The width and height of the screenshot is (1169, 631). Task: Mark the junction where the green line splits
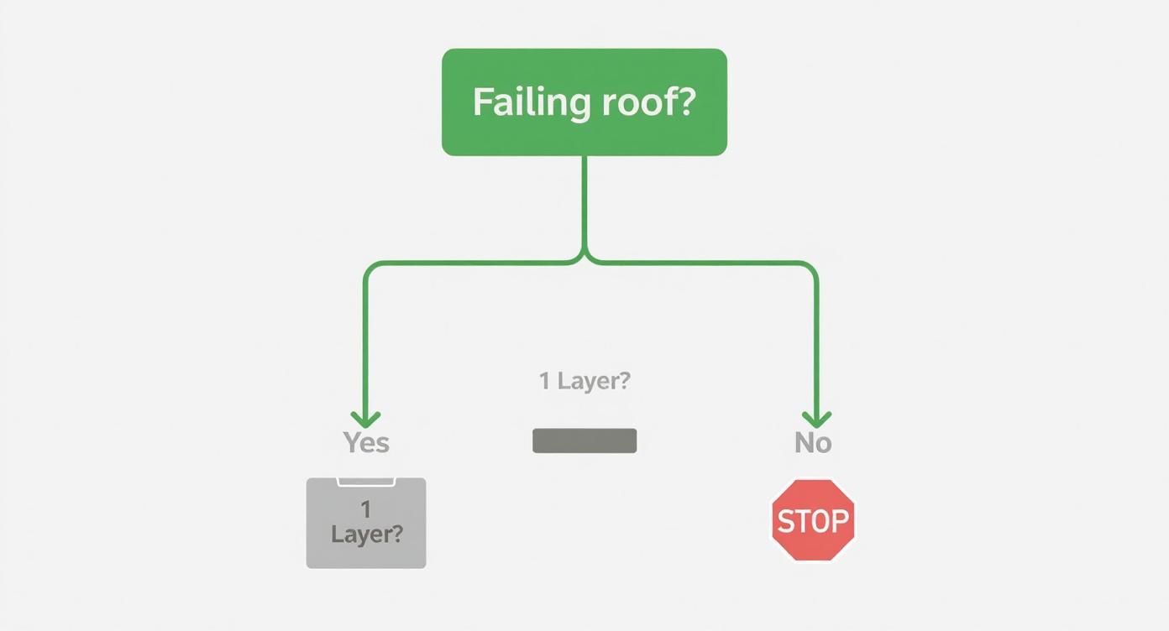tap(584, 257)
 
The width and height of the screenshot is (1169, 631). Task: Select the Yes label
tap(366, 442)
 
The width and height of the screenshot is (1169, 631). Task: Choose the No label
tap(813, 442)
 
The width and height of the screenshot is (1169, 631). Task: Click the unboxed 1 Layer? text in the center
tap(584, 381)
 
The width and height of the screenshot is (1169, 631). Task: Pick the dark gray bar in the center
tap(584, 441)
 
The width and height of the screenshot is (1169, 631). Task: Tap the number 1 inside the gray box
tap(365, 508)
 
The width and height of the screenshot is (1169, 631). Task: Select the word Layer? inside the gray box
tap(366, 534)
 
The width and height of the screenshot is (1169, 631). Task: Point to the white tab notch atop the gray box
tap(366, 482)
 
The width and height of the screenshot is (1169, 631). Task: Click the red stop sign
tap(813, 520)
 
